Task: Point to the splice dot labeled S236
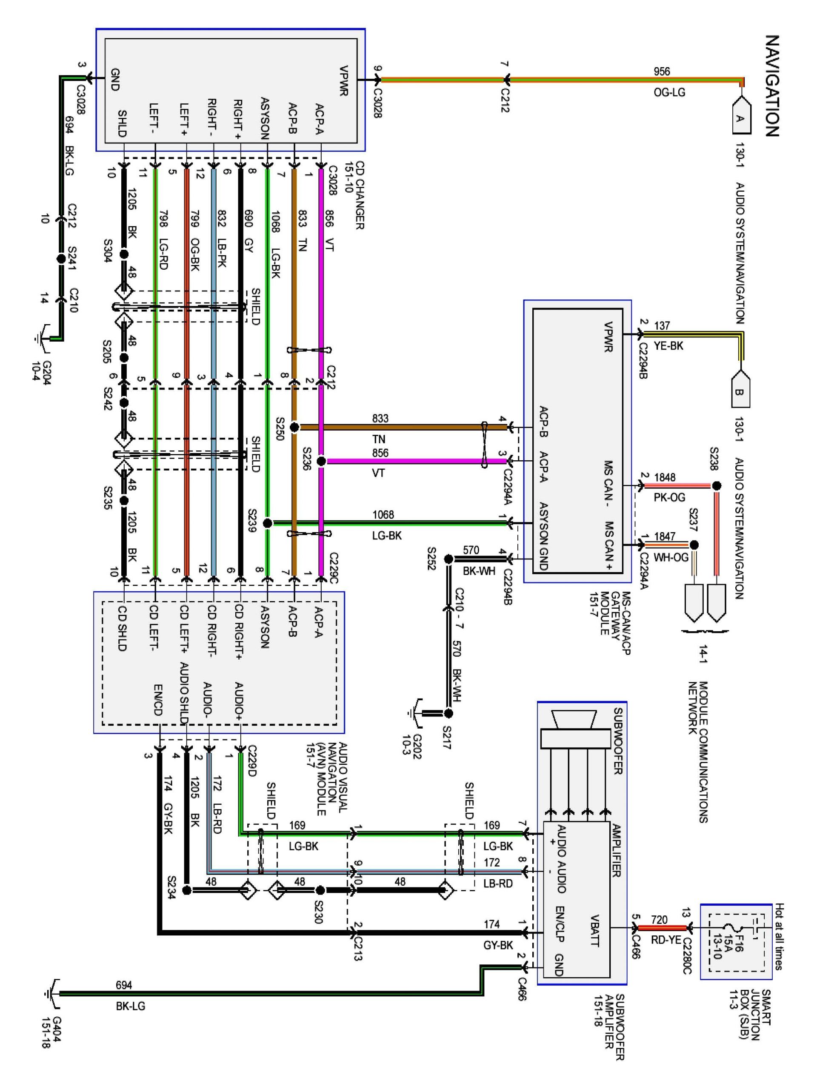point(321,461)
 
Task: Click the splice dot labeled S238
point(717,486)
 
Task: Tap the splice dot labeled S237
point(694,545)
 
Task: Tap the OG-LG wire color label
point(669,92)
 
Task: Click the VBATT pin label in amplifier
point(595,930)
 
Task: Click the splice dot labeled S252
point(448,559)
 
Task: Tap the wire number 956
point(661,71)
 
